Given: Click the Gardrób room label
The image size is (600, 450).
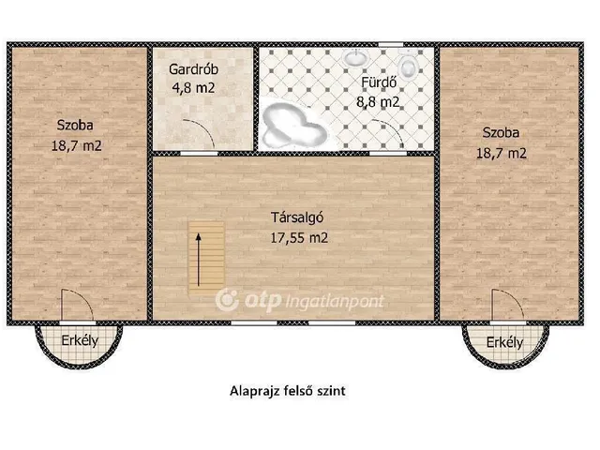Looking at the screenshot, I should pos(194,69).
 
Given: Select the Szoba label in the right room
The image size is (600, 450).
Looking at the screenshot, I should pos(502,132).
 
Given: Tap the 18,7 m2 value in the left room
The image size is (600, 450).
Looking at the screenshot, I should pos(77,145).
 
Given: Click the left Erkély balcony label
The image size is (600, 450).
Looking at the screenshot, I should pos(80,340).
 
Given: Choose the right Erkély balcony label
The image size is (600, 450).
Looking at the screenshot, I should pos(504,343).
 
